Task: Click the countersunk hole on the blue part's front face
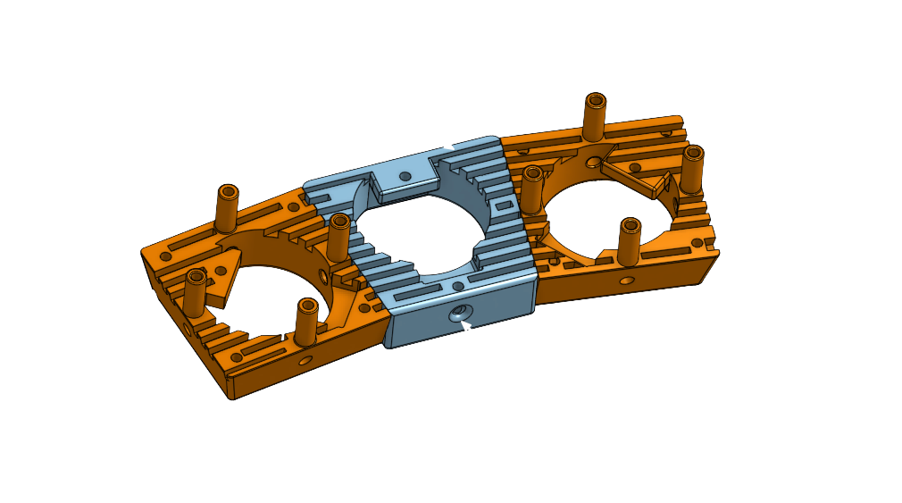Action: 459,313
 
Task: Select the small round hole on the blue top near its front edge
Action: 458,286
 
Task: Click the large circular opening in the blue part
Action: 420,232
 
